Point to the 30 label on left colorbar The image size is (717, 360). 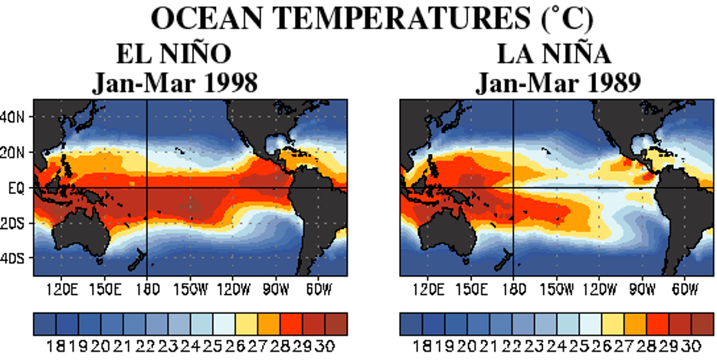(325, 345)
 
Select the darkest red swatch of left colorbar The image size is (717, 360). (336, 324)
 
